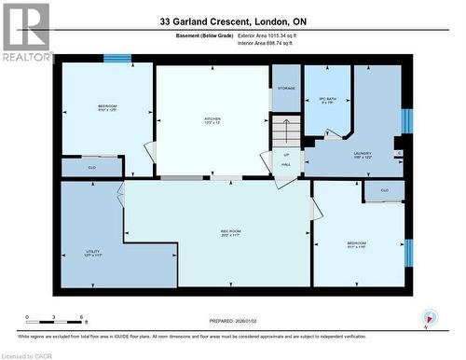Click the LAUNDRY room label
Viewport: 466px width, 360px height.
[x=363, y=155]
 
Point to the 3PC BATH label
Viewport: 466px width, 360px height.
[x=327, y=100]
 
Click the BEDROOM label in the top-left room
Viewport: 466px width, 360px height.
[x=107, y=108]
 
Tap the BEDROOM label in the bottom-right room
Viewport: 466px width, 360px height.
[x=357, y=245]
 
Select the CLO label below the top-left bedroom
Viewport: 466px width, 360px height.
[x=91, y=168]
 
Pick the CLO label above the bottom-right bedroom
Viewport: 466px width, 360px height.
[x=384, y=190]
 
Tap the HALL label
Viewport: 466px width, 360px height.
[x=286, y=164]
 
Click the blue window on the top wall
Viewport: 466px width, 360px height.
[x=116, y=59]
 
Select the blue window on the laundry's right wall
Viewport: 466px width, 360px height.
[x=405, y=121]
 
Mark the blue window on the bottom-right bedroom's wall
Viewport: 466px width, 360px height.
[x=408, y=252]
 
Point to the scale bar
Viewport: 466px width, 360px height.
[x=55, y=320]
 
